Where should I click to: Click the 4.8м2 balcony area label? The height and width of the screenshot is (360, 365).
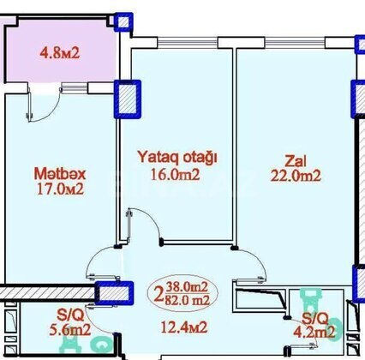point(60,53)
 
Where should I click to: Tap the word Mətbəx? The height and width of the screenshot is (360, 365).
point(60,174)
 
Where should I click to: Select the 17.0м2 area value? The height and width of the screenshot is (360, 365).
point(60,189)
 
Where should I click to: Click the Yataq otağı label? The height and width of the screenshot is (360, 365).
point(177,158)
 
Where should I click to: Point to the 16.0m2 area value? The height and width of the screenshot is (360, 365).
point(175,175)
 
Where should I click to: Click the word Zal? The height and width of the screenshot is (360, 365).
point(296,161)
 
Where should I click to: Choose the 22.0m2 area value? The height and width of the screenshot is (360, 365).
point(296,176)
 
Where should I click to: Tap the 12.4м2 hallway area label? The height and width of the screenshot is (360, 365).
point(184,327)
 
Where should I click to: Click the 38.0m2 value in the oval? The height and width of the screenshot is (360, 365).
point(188,287)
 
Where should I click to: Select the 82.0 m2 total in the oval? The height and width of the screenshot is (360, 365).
point(188,300)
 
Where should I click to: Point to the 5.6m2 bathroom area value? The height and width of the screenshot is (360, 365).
point(70,330)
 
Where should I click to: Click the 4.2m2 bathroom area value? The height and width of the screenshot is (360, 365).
point(314,333)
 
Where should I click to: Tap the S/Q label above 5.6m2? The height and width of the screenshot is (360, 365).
point(70,315)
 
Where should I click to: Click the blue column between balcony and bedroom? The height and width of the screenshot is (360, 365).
point(128,99)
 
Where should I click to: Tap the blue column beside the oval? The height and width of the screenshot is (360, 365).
point(114,292)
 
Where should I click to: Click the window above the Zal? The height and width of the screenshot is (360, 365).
point(295,43)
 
